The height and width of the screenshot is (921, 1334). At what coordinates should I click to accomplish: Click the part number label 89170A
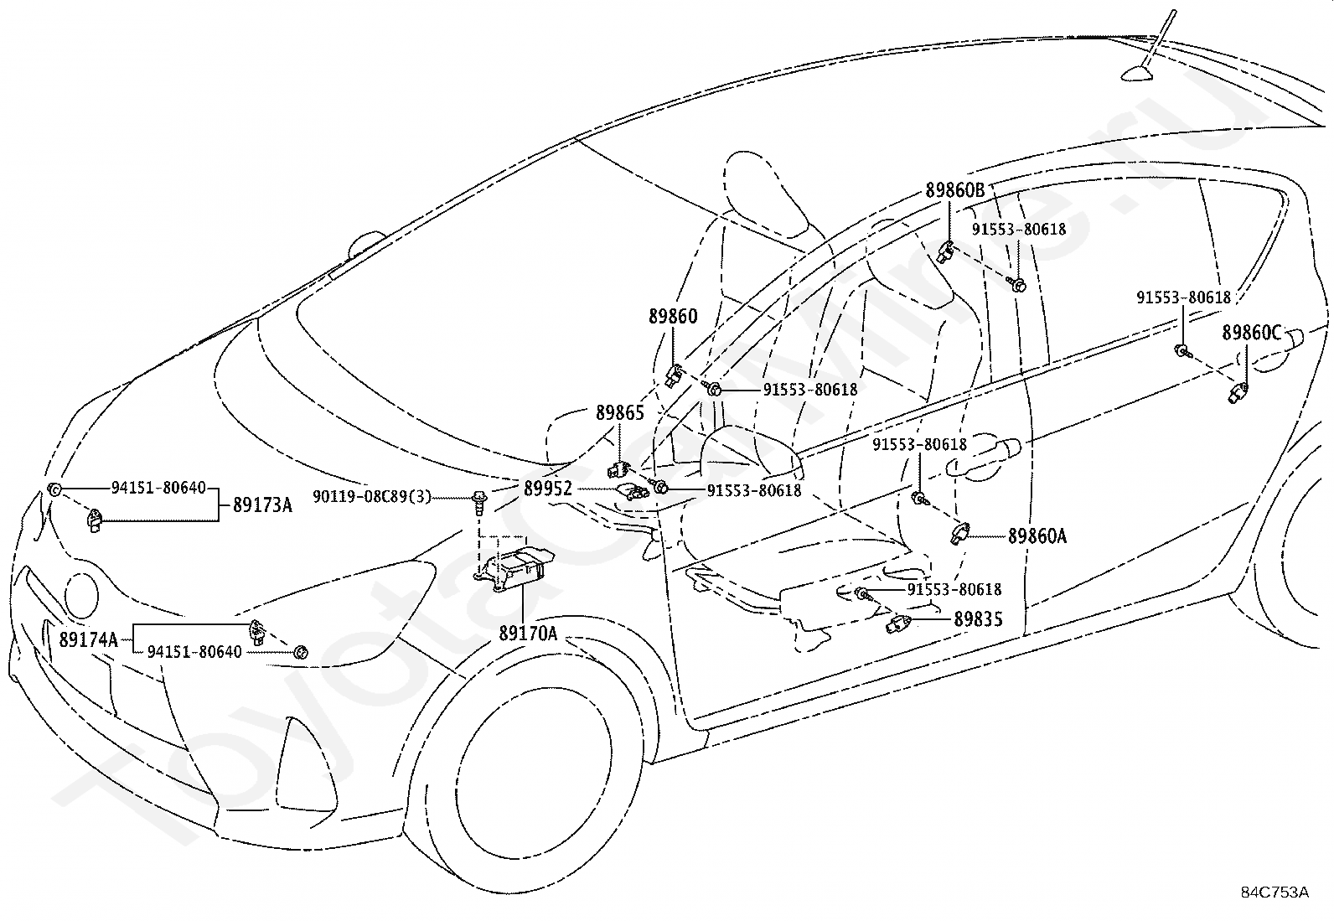[528, 634]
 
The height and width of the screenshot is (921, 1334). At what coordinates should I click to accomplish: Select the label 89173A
[262, 505]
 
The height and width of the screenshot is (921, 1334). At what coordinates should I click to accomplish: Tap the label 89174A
[89, 639]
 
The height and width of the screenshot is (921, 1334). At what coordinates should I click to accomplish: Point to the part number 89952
[548, 489]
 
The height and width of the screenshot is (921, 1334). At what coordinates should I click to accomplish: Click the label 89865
[620, 413]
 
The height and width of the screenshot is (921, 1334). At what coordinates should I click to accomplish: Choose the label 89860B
[955, 190]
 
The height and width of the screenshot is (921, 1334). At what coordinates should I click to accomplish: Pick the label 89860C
[1252, 333]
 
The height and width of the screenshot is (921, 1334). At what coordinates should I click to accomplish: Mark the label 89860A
[1037, 536]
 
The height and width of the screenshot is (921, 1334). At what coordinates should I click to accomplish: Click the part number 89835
[979, 619]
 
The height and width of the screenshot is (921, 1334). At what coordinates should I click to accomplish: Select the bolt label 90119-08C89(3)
[372, 496]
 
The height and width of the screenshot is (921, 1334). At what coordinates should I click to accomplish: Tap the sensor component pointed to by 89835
[898, 624]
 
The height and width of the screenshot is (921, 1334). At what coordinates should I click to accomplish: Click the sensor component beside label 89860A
[959, 532]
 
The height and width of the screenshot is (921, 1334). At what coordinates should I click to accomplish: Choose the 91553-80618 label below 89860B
[1019, 230]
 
